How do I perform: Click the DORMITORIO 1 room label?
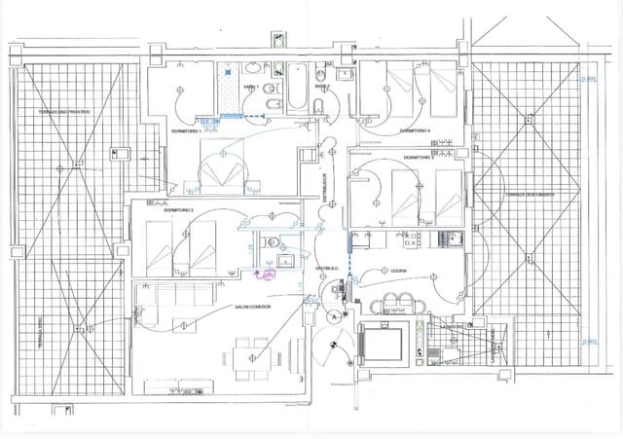185,129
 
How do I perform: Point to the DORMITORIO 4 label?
416,129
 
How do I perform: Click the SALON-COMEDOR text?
252,307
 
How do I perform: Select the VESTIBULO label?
326,268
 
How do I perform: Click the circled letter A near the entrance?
334,316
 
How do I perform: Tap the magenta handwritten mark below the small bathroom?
264,275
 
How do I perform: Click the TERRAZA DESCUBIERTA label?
530,195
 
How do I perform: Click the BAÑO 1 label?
251,87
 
